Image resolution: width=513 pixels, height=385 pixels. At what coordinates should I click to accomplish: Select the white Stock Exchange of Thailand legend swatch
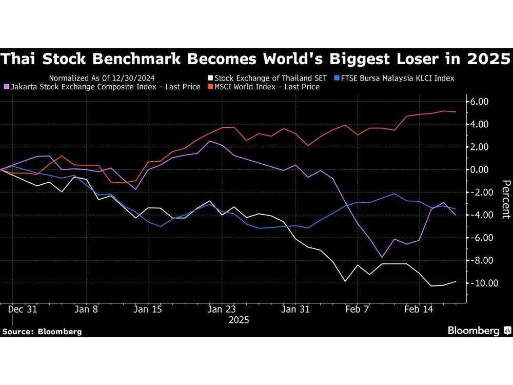click(210, 78)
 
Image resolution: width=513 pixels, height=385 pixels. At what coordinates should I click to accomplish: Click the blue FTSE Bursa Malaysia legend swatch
click(337, 78)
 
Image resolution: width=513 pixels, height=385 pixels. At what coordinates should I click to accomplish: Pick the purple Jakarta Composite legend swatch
click(6, 87)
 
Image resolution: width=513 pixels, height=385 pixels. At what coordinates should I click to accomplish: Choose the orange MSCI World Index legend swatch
click(210, 87)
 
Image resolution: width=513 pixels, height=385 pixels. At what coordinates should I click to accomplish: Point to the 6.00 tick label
click(479, 102)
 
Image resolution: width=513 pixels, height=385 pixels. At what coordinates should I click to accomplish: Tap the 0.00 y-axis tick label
click(479, 169)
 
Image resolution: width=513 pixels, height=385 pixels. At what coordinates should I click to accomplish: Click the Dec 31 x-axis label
click(23, 310)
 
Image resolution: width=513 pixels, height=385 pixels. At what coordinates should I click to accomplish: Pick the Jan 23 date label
click(222, 310)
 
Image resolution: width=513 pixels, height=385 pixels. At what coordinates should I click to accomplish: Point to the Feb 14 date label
click(419, 310)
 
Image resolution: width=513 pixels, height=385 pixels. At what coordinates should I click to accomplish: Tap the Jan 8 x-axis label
click(86, 310)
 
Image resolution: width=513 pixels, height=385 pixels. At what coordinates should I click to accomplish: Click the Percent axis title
click(506, 199)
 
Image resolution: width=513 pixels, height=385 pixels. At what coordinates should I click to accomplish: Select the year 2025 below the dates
click(239, 320)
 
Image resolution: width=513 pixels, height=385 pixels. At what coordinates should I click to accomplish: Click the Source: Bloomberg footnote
click(42, 332)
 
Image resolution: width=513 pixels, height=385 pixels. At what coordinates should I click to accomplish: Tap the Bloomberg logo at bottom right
click(479, 331)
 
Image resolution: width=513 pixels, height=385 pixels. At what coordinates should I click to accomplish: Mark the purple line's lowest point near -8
click(382, 257)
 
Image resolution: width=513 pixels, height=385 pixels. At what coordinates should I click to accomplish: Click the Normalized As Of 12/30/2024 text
click(102, 78)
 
